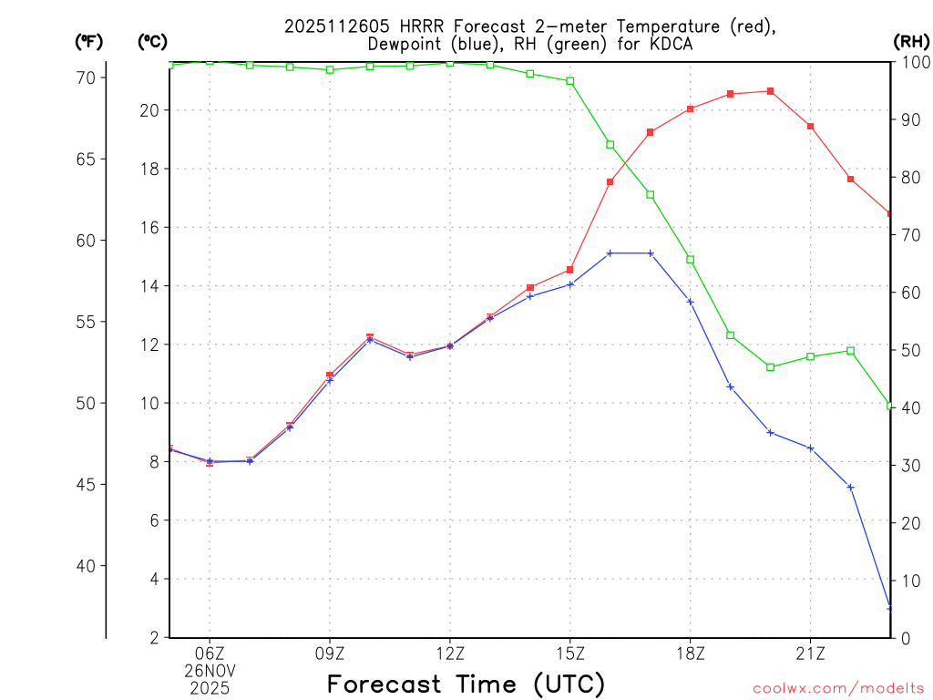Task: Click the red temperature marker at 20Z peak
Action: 771,91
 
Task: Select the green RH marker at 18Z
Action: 691,260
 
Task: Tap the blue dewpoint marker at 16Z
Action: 610,252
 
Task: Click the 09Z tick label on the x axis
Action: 330,653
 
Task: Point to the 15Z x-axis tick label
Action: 570,653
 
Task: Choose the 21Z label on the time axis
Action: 811,653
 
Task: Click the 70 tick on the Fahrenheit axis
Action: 86,78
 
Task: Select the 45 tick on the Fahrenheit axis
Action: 86,485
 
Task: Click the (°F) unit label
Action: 88,42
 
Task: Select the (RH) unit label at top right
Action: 910,42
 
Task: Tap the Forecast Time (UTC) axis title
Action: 466,684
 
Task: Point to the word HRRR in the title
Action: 417,26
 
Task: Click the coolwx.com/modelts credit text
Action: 838,688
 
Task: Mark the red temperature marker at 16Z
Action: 610,181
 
